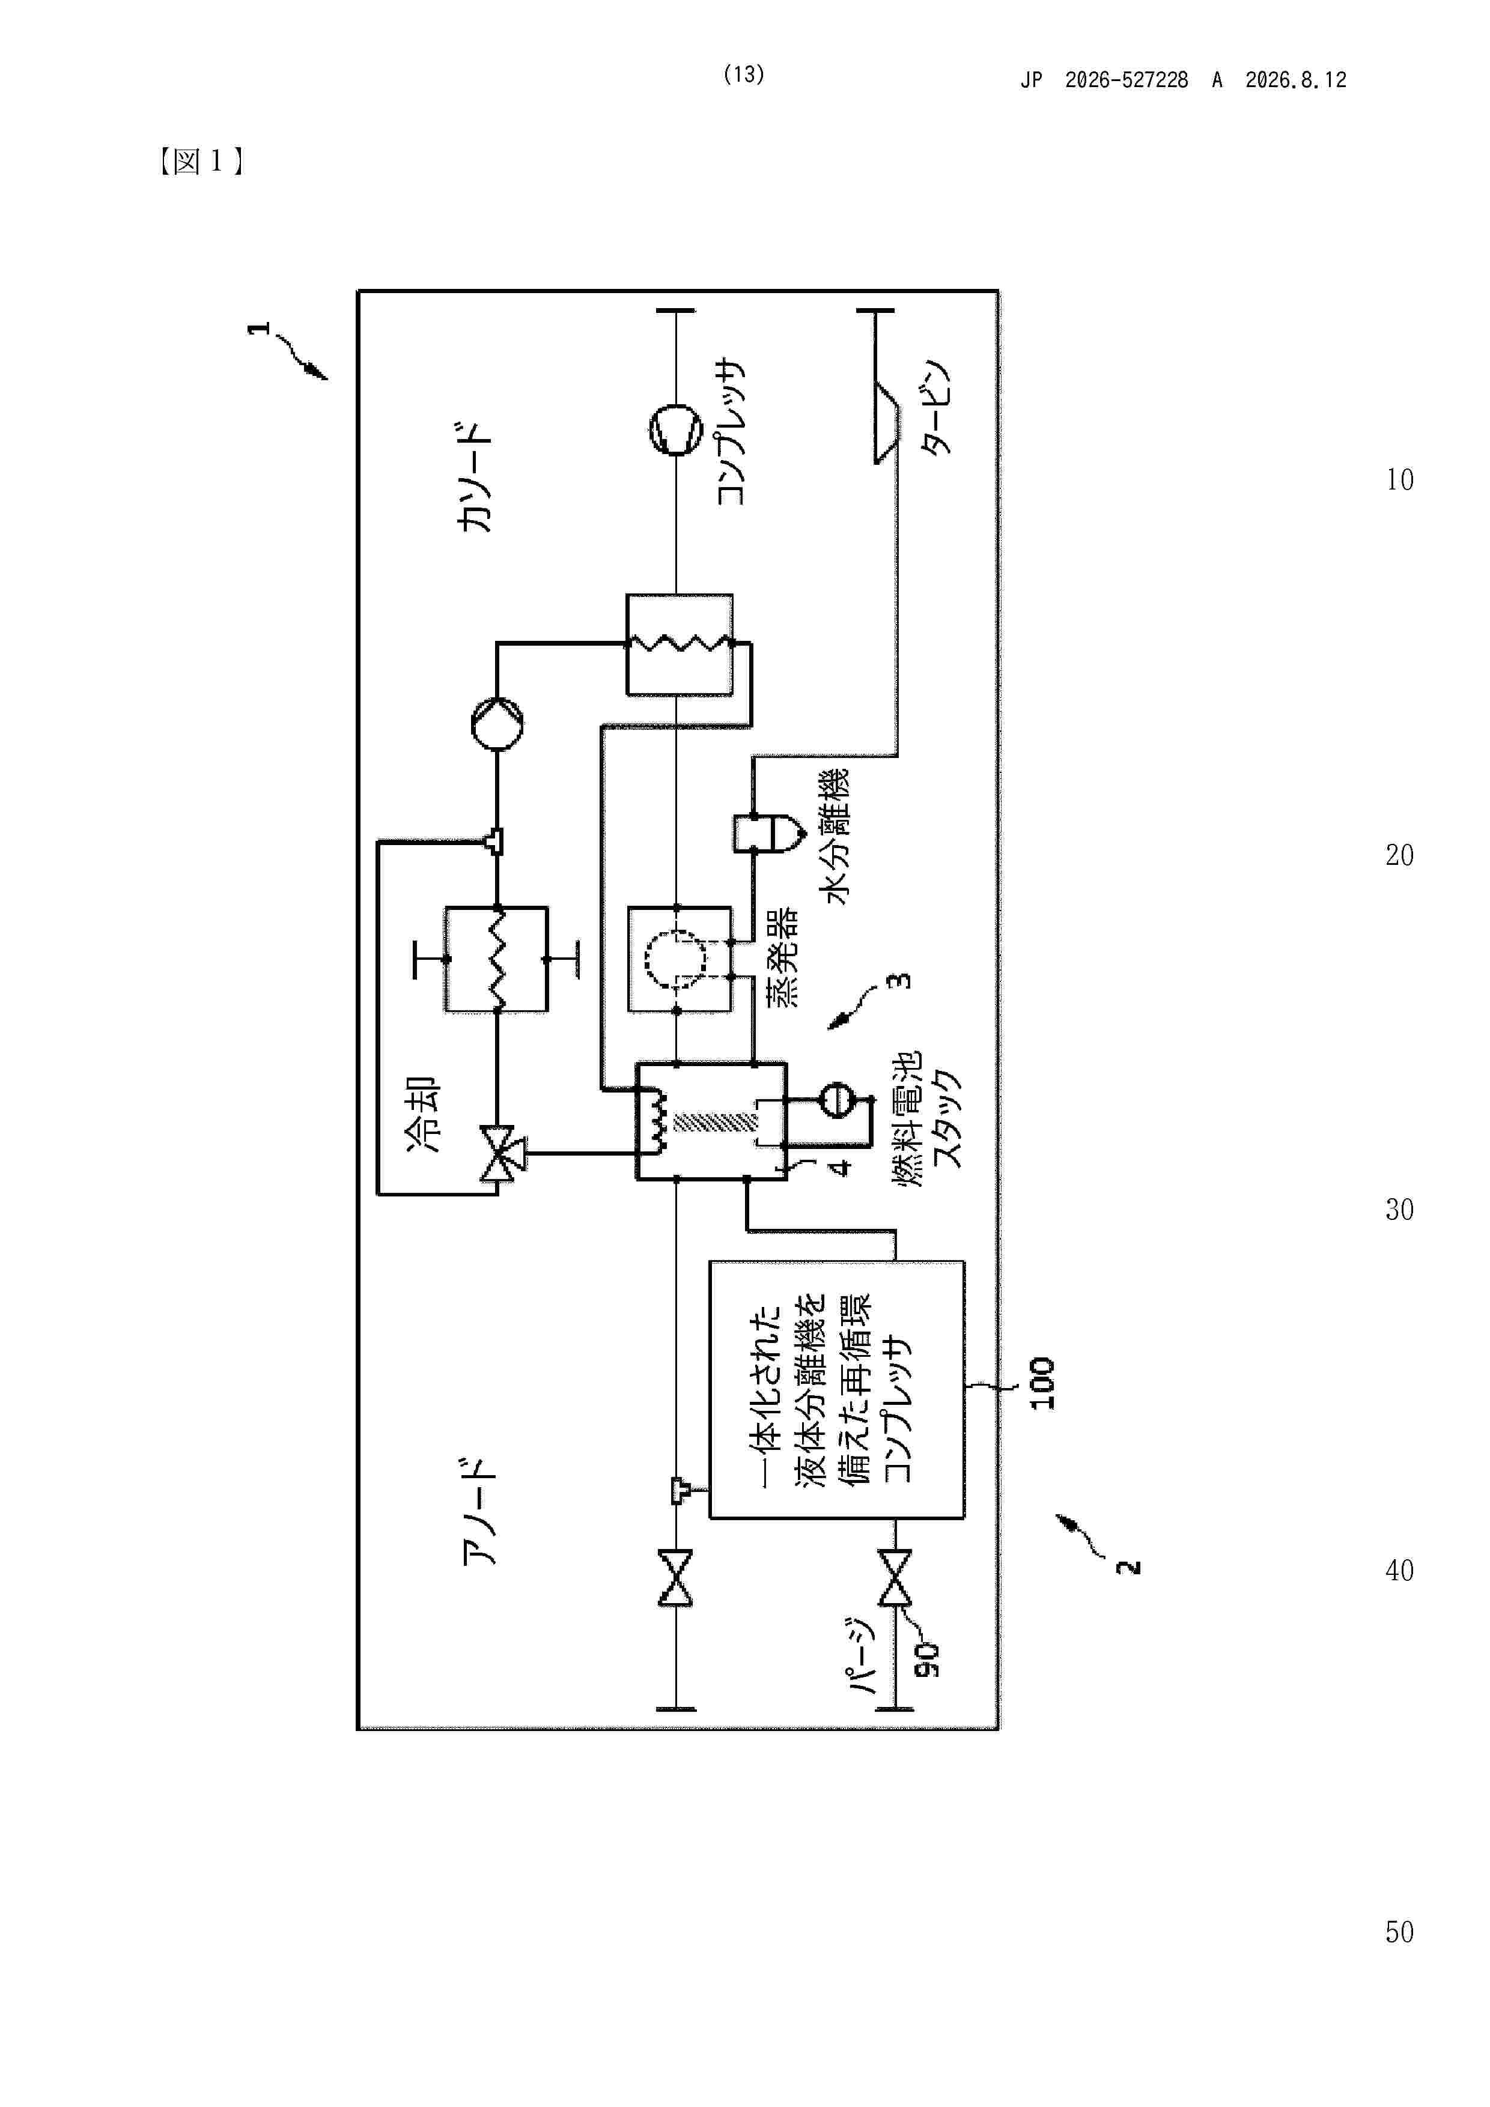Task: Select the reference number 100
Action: [x=1042, y=1383]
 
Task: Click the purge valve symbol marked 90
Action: [x=895, y=1577]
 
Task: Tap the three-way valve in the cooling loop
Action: [x=501, y=1154]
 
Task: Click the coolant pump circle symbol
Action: [x=497, y=724]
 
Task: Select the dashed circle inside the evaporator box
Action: [x=677, y=959]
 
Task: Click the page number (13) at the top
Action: [x=744, y=74]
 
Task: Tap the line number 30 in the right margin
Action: [x=1399, y=1210]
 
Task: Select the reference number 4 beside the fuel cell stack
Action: [x=840, y=1166]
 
